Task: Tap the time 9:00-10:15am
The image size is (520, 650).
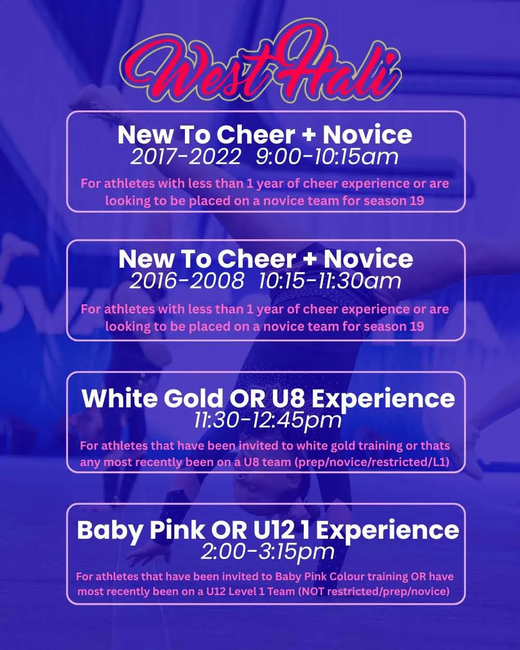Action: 327,157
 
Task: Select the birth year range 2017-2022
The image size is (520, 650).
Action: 185,157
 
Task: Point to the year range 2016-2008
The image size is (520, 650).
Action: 187,281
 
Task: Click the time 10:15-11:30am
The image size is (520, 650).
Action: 330,281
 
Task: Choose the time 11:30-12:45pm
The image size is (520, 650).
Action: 268,421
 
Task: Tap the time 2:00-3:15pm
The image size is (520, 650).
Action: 267,552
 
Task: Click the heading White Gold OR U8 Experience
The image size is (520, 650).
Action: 268,399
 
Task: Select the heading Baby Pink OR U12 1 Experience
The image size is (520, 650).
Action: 268,531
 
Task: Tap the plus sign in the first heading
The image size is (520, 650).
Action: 309,135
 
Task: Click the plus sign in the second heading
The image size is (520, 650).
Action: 310,260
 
